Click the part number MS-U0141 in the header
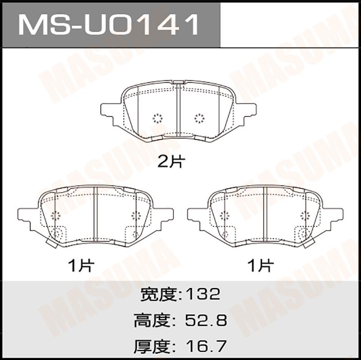[108, 24]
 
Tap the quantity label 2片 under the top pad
[171, 162]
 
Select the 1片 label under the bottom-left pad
[81, 266]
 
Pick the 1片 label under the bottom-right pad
[261, 266]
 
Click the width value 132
[203, 295]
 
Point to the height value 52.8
[206, 320]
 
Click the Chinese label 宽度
[159, 295]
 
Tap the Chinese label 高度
[153, 320]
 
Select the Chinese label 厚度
[153, 346]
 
